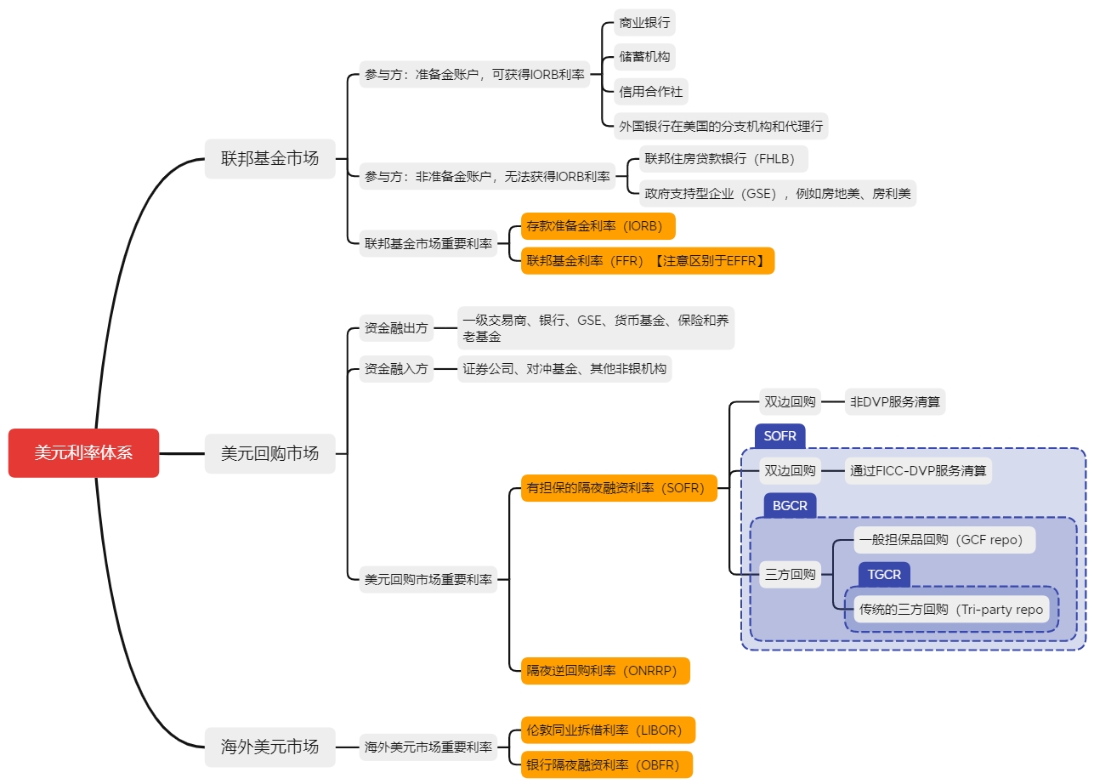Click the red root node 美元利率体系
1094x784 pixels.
click(x=83, y=453)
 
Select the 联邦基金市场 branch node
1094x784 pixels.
click(x=269, y=158)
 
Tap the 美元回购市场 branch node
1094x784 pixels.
click(x=269, y=453)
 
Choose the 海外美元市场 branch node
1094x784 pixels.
click(x=269, y=747)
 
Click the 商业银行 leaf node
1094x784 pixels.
click(x=644, y=23)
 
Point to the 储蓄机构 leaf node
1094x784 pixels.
click(x=644, y=57)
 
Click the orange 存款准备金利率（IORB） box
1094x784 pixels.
click(x=598, y=226)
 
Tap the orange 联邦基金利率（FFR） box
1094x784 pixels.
click(x=648, y=260)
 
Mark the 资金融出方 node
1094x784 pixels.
click(x=396, y=328)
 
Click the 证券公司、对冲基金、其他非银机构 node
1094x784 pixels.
click(x=564, y=369)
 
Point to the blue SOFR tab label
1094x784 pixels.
click(x=779, y=436)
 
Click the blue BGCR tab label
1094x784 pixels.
click(x=790, y=506)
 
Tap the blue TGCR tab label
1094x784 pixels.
click(x=884, y=575)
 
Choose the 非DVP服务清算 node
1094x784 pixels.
click(x=895, y=402)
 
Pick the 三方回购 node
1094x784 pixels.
click(x=791, y=574)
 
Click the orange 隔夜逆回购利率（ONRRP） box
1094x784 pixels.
click(x=604, y=670)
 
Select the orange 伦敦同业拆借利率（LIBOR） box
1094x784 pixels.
click(x=608, y=730)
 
